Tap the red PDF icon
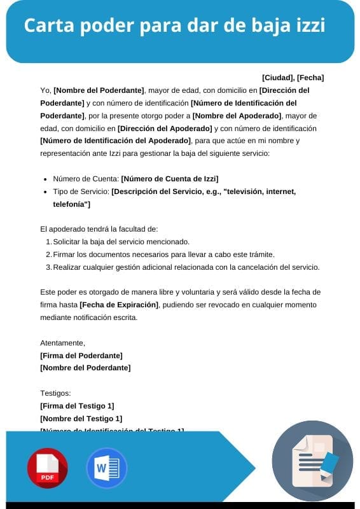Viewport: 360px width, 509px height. click(x=47, y=468)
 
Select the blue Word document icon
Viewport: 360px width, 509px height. click(x=106, y=468)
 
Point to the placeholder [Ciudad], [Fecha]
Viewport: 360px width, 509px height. click(x=293, y=78)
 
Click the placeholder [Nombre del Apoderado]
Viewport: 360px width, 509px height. click(x=237, y=115)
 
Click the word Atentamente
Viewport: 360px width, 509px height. click(x=62, y=343)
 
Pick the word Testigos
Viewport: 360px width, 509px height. click(x=55, y=393)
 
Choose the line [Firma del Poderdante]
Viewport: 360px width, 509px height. click(x=81, y=355)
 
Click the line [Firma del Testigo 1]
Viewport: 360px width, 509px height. click(x=77, y=406)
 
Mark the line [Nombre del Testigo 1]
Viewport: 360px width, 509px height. click(x=81, y=418)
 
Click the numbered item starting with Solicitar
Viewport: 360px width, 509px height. click(x=121, y=242)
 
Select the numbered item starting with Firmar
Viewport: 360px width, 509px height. click(x=163, y=254)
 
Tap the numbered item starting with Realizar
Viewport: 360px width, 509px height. click(x=186, y=267)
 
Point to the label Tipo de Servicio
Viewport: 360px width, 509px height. click(x=81, y=191)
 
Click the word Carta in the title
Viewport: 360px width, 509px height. click(x=48, y=26)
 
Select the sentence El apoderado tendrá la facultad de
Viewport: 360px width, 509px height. click(x=99, y=229)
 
